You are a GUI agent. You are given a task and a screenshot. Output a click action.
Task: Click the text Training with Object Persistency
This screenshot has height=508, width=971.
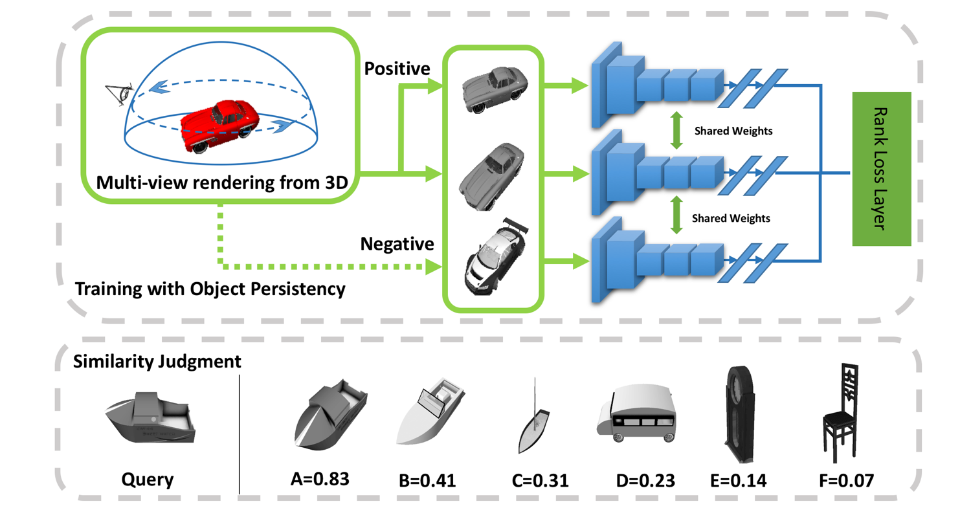[208, 289]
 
